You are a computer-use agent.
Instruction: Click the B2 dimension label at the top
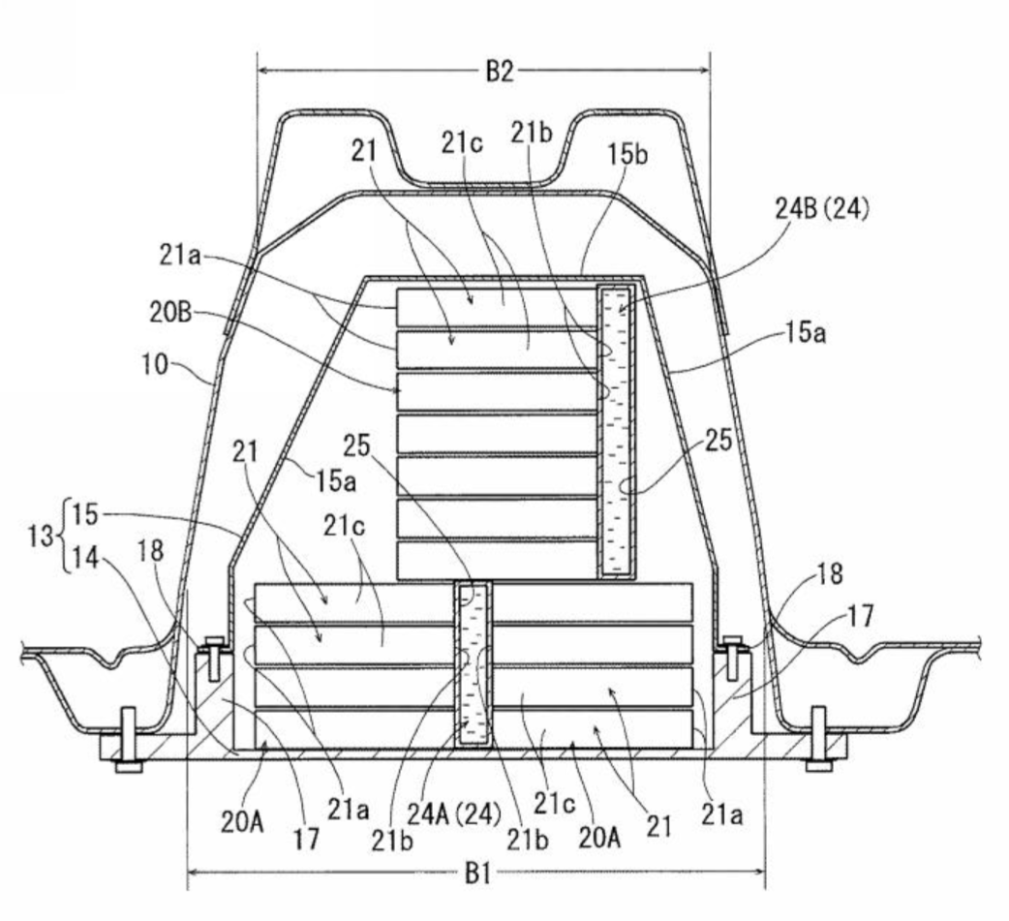[500, 71]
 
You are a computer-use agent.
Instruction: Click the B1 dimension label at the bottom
[477, 874]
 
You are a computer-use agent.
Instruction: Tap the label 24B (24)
[822, 209]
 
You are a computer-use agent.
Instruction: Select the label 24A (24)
[454, 814]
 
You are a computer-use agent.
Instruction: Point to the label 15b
[628, 154]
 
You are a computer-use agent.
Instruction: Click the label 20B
[170, 313]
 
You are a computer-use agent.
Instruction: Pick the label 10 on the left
[154, 365]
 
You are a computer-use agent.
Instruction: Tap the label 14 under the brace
[84, 558]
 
